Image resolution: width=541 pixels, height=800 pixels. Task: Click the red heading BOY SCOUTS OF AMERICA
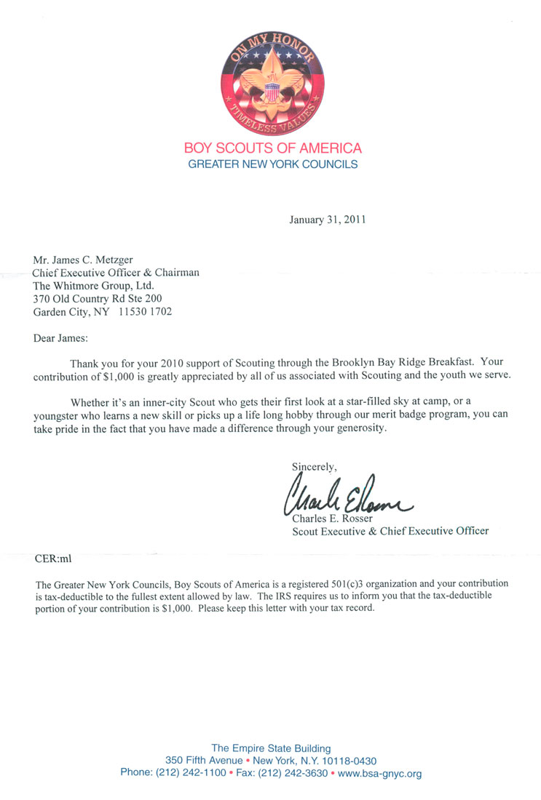(x=273, y=148)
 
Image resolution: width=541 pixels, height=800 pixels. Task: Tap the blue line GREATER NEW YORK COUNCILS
(x=273, y=164)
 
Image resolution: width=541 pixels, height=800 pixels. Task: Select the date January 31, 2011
(x=327, y=219)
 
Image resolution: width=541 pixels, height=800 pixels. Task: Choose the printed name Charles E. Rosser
(x=332, y=519)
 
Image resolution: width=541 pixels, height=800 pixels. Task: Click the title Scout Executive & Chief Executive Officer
(x=390, y=531)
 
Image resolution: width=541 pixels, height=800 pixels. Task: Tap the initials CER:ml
(x=53, y=559)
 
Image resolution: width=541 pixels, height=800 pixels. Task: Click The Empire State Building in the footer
(x=271, y=748)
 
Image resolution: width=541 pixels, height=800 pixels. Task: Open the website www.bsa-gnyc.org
(x=380, y=773)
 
